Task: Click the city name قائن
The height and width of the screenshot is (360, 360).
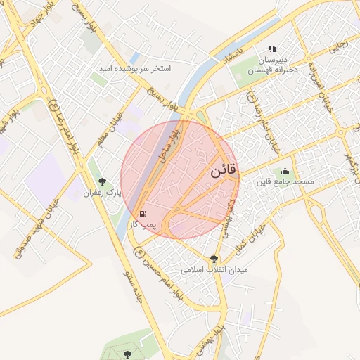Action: coord(224,170)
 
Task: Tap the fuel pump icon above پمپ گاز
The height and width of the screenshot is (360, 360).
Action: coord(143,213)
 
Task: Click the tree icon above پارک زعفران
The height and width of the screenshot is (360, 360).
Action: coord(103,181)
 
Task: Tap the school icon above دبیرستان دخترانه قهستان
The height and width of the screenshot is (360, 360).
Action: coord(272,49)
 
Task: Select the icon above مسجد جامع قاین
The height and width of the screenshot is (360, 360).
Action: coord(285,171)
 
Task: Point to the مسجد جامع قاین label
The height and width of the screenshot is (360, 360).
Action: coord(285,181)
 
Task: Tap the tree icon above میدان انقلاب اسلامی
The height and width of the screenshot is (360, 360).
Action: coord(214,259)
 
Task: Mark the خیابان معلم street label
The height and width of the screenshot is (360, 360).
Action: coord(115,122)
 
